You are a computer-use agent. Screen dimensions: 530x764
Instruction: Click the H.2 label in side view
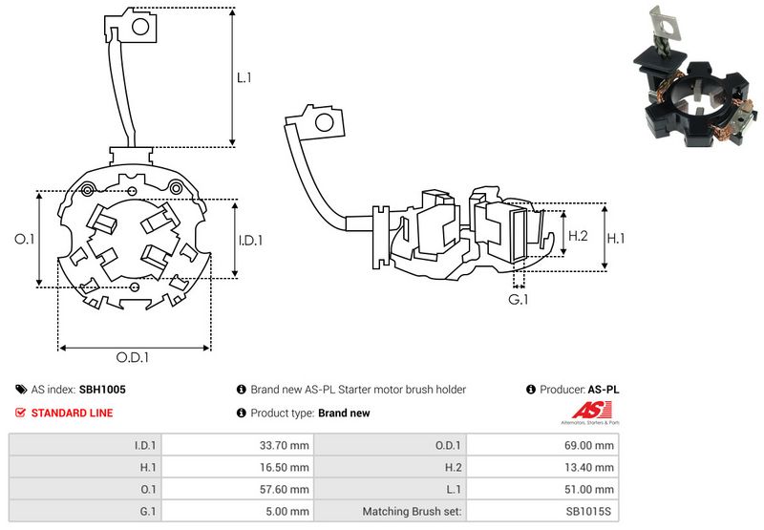click(x=577, y=236)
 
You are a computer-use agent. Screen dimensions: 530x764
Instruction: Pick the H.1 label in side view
click(x=617, y=236)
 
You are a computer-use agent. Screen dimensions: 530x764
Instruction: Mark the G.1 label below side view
click(x=519, y=300)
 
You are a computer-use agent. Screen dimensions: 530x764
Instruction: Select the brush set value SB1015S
click(x=592, y=512)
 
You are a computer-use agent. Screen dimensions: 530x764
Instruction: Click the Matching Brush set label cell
click(x=412, y=512)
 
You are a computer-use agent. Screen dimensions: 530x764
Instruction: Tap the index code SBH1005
click(x=102, y=390)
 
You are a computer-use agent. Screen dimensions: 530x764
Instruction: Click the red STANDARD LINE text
click(x=72, y=413)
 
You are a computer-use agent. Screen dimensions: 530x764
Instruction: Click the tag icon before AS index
click(x=21, y=390)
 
